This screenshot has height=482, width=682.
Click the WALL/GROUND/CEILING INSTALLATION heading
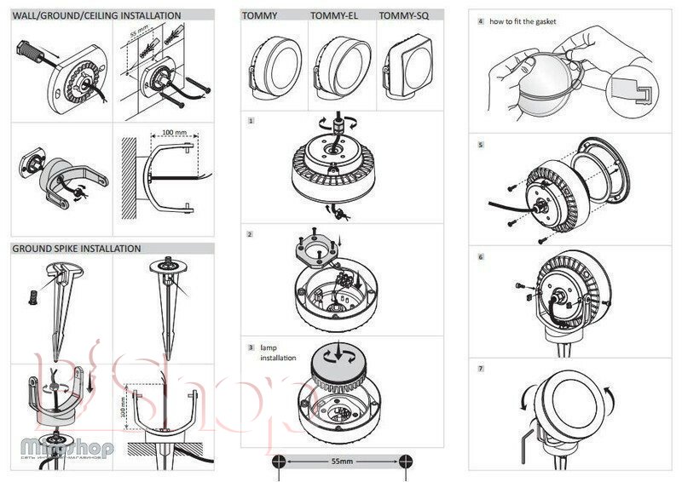click(x=96, y=15)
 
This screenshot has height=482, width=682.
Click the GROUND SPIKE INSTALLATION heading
click(x=77, y=249)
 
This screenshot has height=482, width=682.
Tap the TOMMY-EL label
click(x=333, y=15)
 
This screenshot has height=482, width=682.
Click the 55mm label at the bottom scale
click(x=341, y=460)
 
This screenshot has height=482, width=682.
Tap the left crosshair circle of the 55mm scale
click(x=278, y=460)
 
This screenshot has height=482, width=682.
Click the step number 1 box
click(x=251, y=122)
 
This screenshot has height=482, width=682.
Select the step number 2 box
click(x=250, y=233)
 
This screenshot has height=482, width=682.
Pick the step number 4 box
click(x=482, y=20)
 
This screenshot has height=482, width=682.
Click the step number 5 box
click(x=482, y=146)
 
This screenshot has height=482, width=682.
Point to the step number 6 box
click(x=482, y=256)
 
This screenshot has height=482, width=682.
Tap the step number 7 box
click(x=482, y=368)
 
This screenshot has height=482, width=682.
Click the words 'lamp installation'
click(x=276, y=353)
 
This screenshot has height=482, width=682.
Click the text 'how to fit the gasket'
click(x=523, y=20)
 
